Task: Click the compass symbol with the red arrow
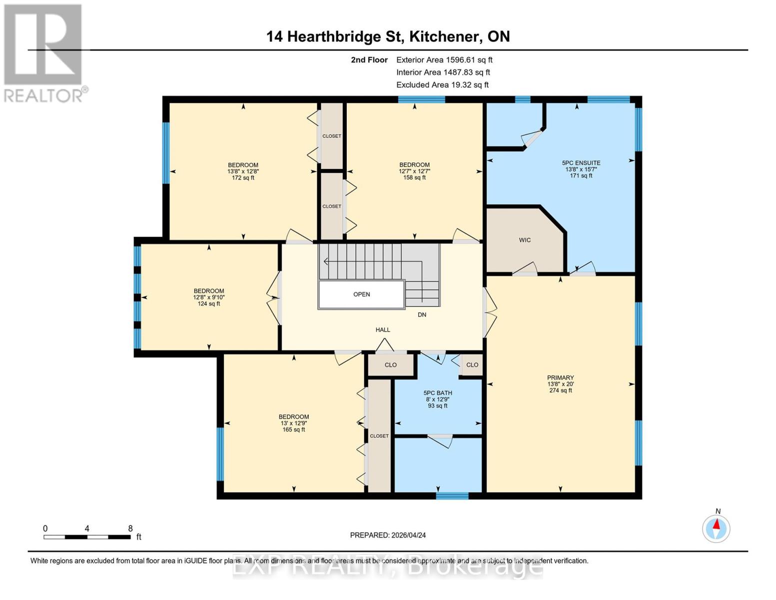tap(716, 528)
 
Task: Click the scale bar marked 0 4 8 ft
tap(87, 536)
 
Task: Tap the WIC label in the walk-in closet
tap(525, 240)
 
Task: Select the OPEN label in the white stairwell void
tap(361, 294)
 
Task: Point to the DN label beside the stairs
tap(422, 314)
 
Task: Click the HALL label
tap(383, 329)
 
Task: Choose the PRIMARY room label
tap(560, 377)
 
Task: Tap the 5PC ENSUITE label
tap(581, 163)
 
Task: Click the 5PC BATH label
tap(438, 393)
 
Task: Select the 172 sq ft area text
tap(243, 177)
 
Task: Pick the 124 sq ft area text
tap(209, 303)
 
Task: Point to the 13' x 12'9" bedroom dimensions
tap(294, 423)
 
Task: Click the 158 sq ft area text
tap(414, 177)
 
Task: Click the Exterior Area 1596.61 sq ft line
tap(444, 59)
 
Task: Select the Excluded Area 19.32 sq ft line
tap(442, 84)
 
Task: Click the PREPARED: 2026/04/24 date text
tap(388, 535)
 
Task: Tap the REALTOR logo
tap(44, 52)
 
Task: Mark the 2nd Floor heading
tap(369, 59)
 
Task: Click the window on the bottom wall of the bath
tap(452, 495)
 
